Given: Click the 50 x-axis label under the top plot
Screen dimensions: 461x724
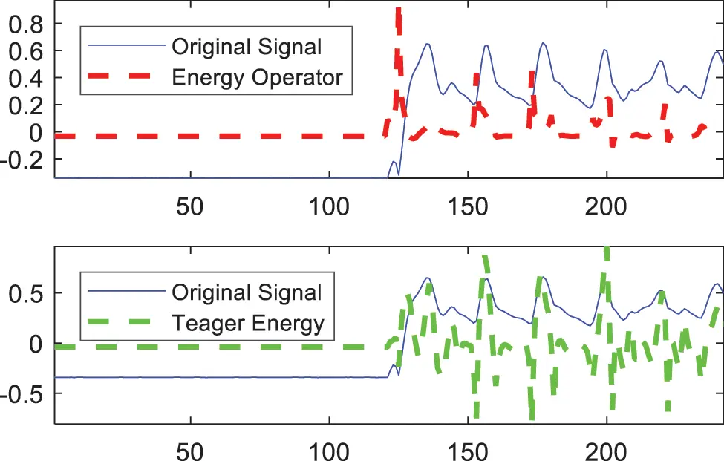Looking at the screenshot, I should tap(191, 206).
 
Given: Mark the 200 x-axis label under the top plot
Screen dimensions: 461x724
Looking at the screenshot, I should tap(607, 206).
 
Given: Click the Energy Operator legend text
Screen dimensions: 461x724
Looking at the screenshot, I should tap(256, 76).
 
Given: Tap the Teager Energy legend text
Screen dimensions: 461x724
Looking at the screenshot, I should tap(248, 323).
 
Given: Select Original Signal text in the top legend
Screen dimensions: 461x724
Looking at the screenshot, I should tap(247, 47).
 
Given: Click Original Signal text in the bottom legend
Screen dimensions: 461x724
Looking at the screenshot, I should tap(247, 292).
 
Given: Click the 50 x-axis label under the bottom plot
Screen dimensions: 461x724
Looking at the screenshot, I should tap(191, 451).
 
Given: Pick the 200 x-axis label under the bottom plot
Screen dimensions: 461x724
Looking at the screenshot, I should tap(607, 451).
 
